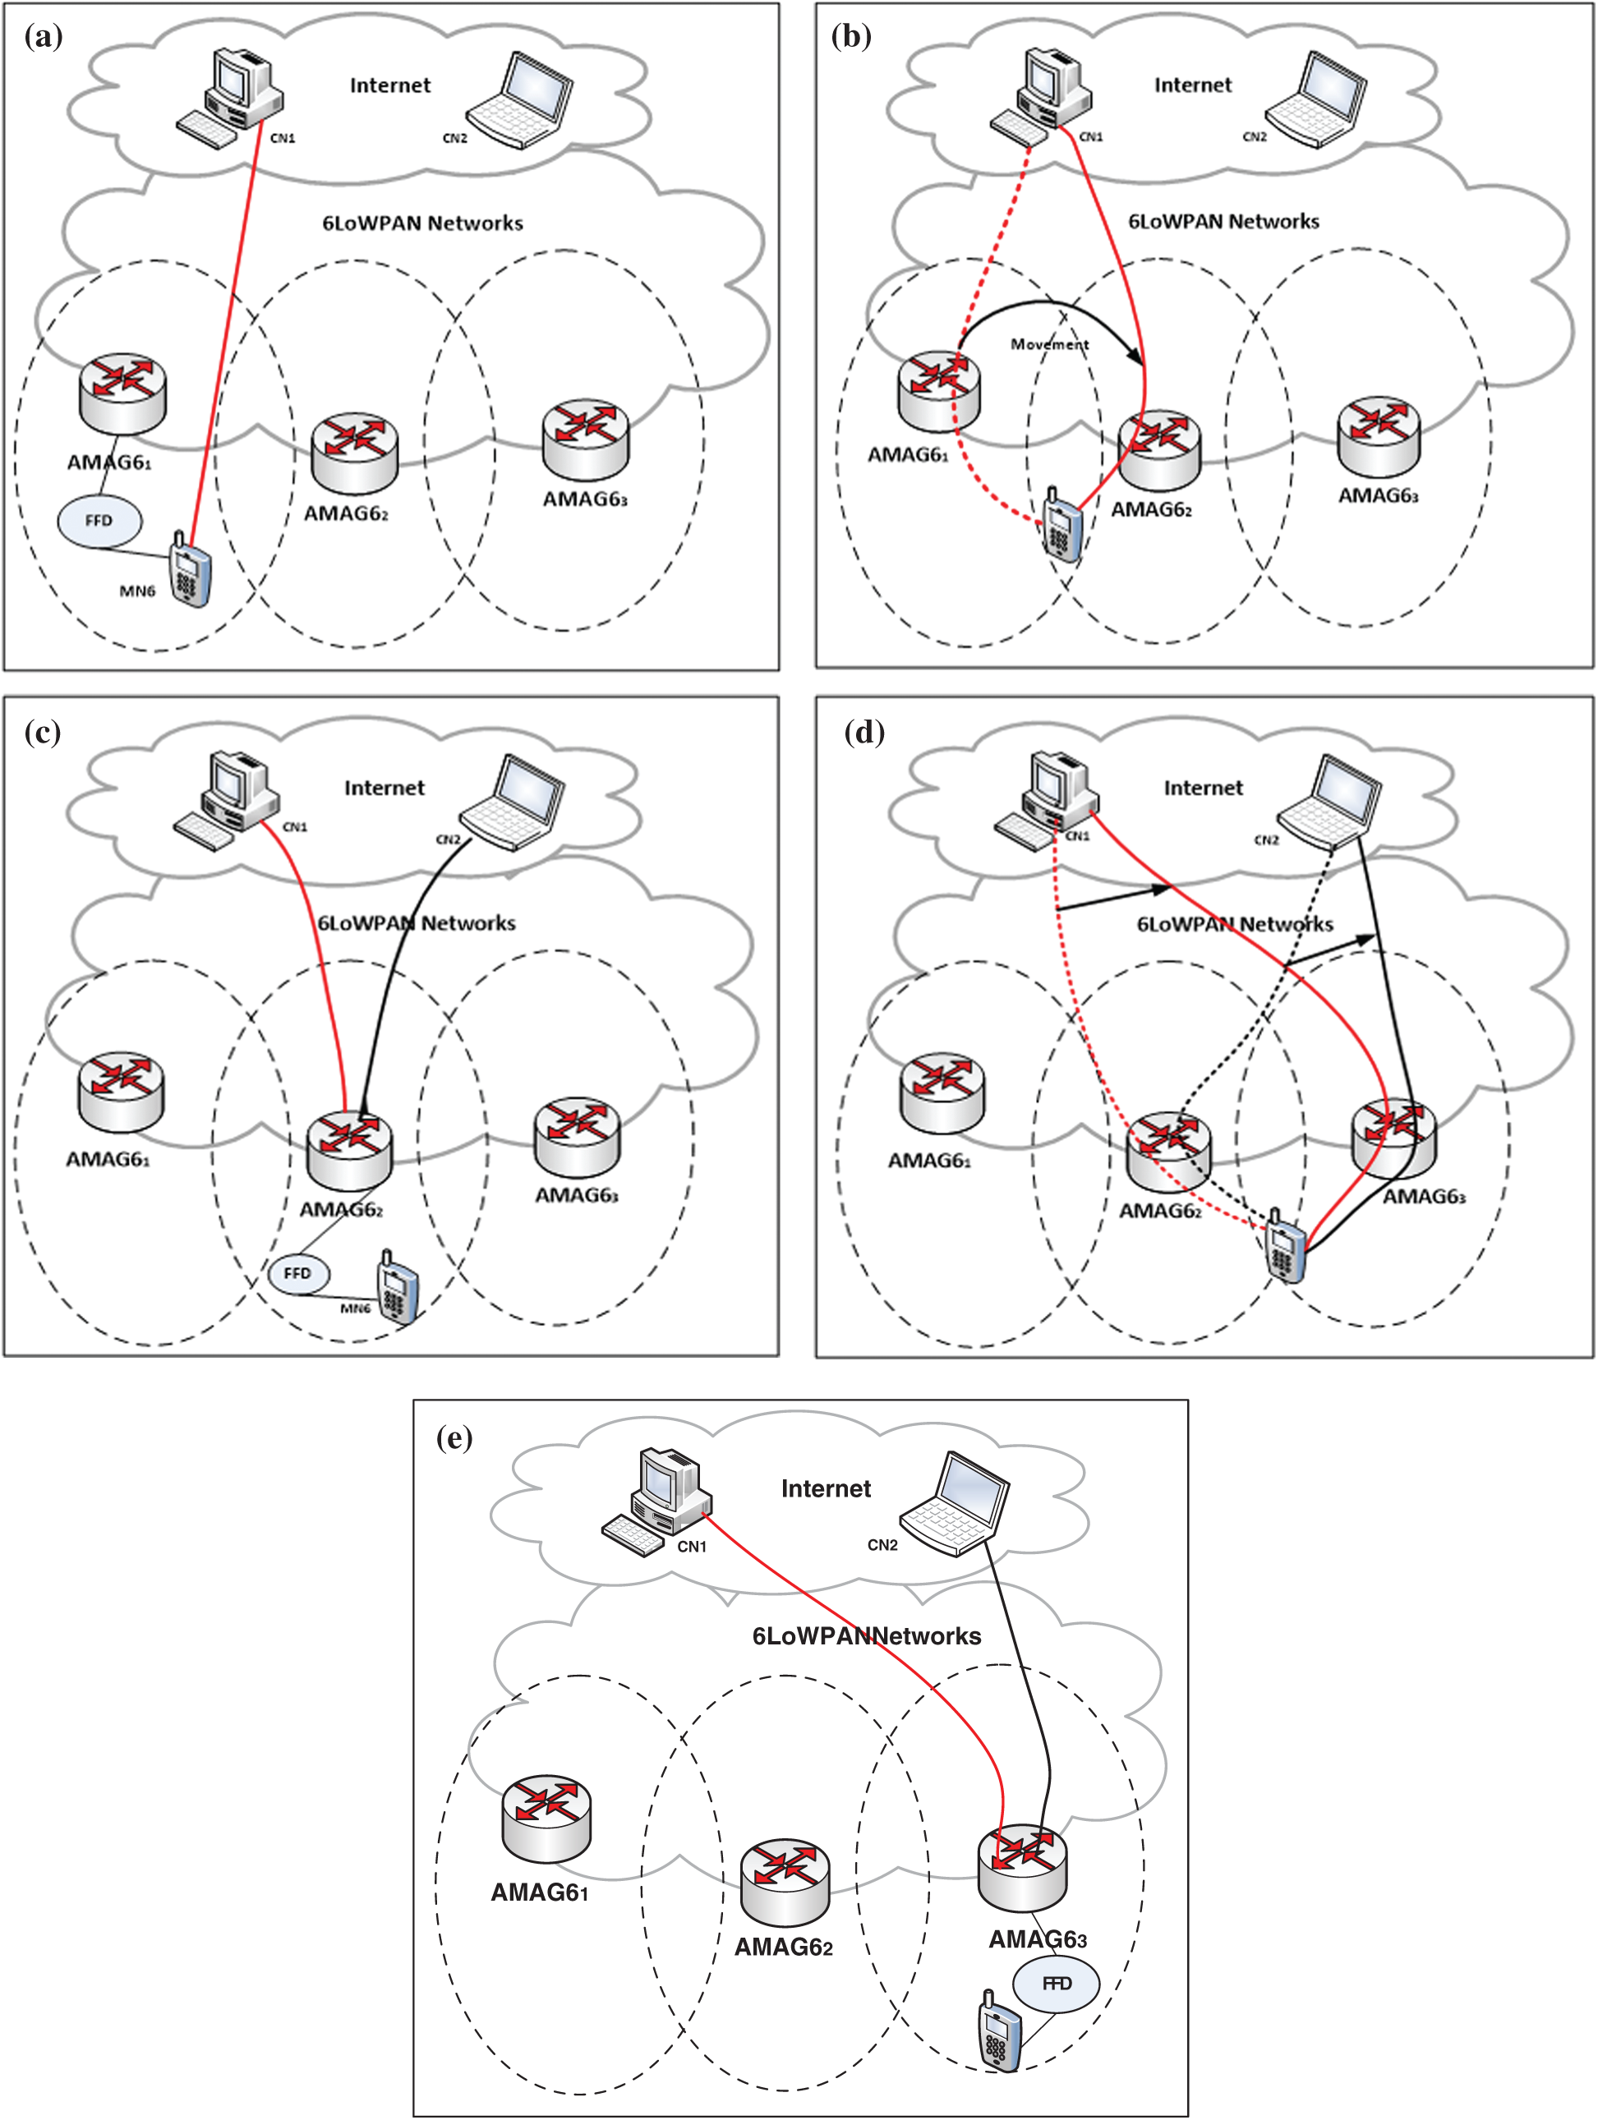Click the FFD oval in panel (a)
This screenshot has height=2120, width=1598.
pyautogui.click(x=99, y=521)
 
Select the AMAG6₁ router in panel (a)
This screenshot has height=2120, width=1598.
pyautogui.click(x=122, y=393)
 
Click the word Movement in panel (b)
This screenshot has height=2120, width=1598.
pyautogui.click(x=1050, y=344)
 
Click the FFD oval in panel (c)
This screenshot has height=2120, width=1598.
pyautogui.click(x=297, y=1273)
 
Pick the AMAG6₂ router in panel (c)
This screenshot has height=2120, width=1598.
pyautogui.click(x=349, y=1151)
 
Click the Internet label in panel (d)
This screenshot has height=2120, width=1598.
pyautogui.click(x=1202, y=788)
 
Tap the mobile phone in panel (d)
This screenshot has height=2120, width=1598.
pyautogui.click(x=1284, y=1247)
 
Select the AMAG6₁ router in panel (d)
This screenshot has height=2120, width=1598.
pyautogui.click(x=942, y=1092)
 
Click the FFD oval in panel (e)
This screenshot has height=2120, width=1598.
pyautogui.click(x=1056, y=1983)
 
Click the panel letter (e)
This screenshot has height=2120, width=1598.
pyautogui.click(x=454, y=1437)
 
